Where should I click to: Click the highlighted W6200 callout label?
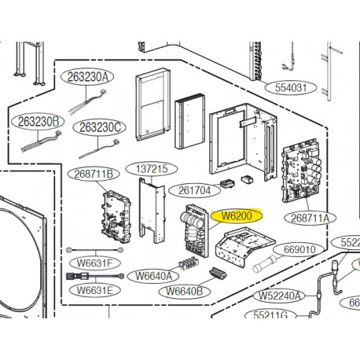click(x=237, y=216)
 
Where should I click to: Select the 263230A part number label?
click(x=87, y=77)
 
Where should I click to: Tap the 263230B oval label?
click(x=38, y=122)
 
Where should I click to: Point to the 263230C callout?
click(x=100, y=127)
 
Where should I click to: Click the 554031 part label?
click(x=291, y=88)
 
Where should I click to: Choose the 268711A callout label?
click(x=310, y=218)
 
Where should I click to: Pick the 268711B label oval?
click(x=94, y=174)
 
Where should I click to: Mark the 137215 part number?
click(x=152, y=169)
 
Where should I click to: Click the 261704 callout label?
click(x=194, y=190)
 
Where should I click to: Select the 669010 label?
click(x=299, y=250)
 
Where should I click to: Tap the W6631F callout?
click(x=95, y=263)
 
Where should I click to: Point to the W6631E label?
click(x=95, y=290)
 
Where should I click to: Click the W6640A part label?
click(x=153, y=276)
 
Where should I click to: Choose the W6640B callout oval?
click(x=185, y=291)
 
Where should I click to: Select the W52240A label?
click(x=279, y=296)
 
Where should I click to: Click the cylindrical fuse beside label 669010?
click(x=264, y=265)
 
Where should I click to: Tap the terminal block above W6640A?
click(x=189, y=263)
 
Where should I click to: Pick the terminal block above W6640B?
click(x=218, y=274)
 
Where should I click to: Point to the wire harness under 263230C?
click(x=99, y=149)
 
